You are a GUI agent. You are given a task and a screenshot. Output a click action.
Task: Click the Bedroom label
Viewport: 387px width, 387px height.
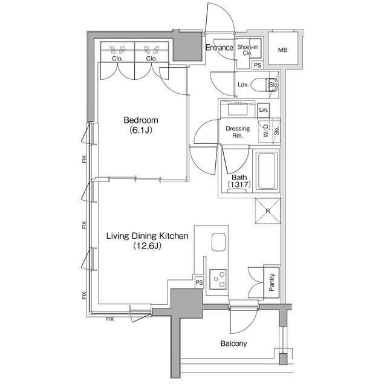tap(141, 120)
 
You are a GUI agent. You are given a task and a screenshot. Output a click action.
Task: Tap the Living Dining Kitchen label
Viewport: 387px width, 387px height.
tap(148, 236)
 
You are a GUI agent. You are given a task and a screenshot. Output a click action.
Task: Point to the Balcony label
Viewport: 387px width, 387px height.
tap(233, 343)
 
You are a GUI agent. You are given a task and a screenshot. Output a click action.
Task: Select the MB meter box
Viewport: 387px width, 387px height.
tap(283, 48)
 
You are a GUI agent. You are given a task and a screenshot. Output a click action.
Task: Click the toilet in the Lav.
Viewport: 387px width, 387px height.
tap(263, 85)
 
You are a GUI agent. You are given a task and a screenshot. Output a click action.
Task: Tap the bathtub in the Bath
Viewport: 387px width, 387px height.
tap(267, 171)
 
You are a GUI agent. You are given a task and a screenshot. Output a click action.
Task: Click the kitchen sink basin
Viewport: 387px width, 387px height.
tap(219, 242)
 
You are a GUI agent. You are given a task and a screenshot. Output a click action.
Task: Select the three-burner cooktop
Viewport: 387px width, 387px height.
tap(218, 279)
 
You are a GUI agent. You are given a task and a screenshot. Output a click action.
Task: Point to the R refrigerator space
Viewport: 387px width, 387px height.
tap(268, 211)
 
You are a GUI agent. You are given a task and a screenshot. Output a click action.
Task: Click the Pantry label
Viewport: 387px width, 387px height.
tap(272, 282)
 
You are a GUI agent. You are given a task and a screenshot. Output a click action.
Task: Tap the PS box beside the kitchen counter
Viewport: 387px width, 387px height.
tap(199, 282)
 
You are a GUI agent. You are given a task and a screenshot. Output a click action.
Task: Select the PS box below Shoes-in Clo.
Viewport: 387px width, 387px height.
tap(258, 65)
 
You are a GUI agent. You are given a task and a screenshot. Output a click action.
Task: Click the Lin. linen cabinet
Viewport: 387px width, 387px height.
tap(264, 110)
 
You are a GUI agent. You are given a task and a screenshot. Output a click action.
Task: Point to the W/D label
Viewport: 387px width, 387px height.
tap(265, 131)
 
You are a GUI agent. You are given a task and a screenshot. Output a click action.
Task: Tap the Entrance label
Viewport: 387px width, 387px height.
tap(220, 47)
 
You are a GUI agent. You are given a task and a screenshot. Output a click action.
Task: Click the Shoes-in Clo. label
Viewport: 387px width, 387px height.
tap(247, 50)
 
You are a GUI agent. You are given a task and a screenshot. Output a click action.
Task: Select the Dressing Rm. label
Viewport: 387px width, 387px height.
tap(238, 132)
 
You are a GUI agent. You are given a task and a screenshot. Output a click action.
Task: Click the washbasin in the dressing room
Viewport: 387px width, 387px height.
tap(238, 109)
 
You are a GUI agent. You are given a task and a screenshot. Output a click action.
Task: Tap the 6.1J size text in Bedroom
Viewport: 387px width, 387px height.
tap(141, 131)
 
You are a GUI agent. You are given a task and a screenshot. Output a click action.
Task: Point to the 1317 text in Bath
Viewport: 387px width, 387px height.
tap(239, 184)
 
